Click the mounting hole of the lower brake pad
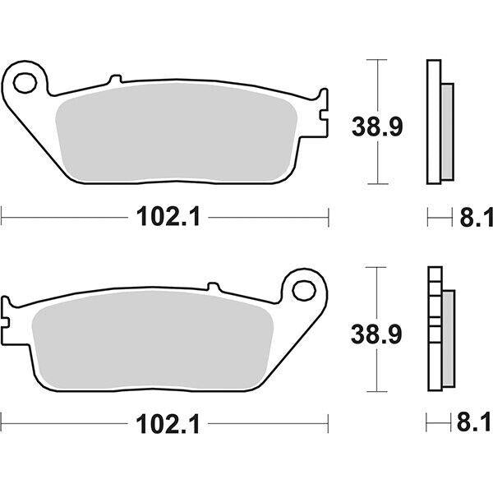coord(304,289)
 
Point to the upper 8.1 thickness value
coord(476,218)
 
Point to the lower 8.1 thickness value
coord(476,425)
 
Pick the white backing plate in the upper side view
coord(433,122)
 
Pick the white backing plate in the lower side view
coord(433,329)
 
